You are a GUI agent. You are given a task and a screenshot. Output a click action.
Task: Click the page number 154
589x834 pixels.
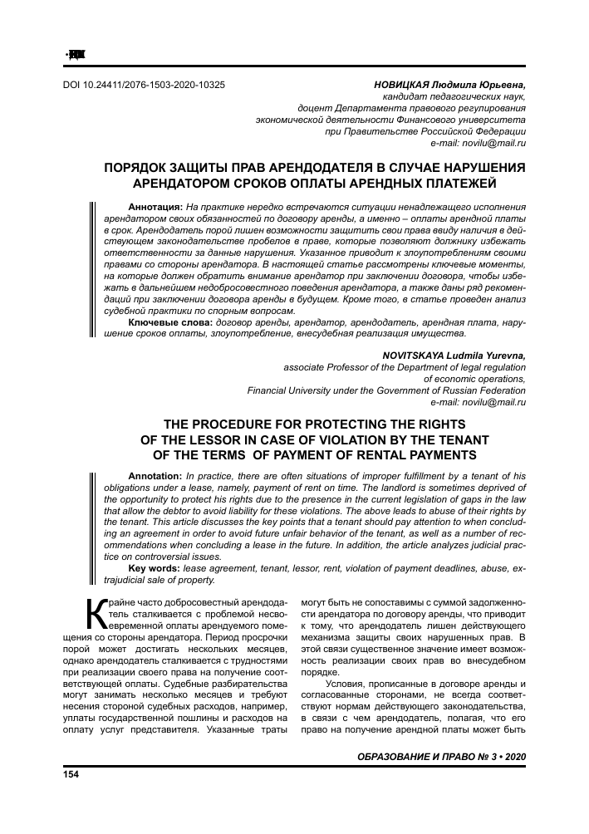coord(71,774)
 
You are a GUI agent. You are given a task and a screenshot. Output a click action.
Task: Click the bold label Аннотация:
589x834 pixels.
coord(155,205)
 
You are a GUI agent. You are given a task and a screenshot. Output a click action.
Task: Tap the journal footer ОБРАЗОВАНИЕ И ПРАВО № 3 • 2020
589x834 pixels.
coord(441,758)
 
